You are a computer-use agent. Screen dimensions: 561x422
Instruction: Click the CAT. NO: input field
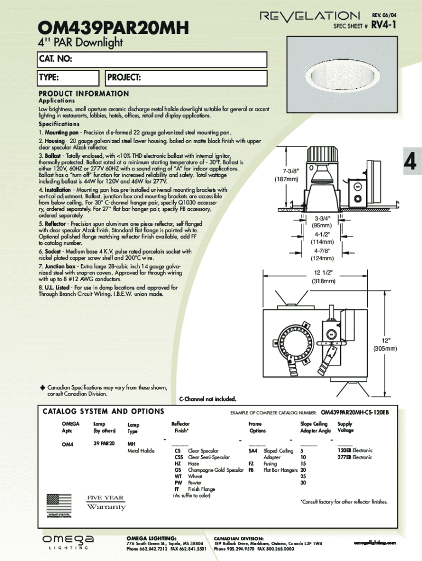pos(152,59)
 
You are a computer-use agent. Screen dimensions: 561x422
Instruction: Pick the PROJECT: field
pos(186,78)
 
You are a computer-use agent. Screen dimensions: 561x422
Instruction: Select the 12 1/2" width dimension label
pos(324,273)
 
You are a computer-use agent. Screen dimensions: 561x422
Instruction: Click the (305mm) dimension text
pos(385,348)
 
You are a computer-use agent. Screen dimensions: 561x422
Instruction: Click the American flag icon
pos(59,504)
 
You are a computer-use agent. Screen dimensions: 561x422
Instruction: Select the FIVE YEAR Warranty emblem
pos(106,502)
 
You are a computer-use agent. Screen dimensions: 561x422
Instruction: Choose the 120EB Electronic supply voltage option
pos(355,450)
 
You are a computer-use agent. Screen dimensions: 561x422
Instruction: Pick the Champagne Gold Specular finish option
pos(215,470)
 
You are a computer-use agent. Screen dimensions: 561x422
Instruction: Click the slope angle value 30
pos(303,483)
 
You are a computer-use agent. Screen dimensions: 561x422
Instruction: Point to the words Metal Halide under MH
pos(141,451)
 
